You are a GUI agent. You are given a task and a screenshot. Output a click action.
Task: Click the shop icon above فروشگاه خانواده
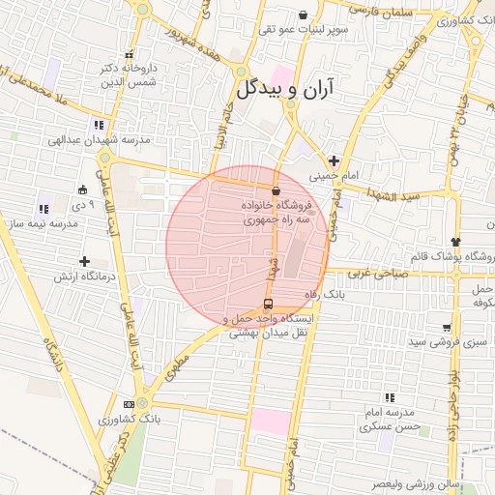(x=277, y=190)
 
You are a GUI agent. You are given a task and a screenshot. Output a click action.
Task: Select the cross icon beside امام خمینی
(x=334, y=160)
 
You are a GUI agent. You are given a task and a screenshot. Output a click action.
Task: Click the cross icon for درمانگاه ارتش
(x=85, y=261)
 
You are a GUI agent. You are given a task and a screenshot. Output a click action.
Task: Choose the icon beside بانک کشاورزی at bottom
(x=128, y=403)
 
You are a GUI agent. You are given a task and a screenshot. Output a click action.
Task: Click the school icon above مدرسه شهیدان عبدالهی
(x=98, y=124)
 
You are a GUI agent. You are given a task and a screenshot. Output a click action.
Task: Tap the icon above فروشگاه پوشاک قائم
(x=455, y=241)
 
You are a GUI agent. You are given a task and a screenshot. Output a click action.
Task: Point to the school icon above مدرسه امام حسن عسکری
(x=390, y=396)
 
